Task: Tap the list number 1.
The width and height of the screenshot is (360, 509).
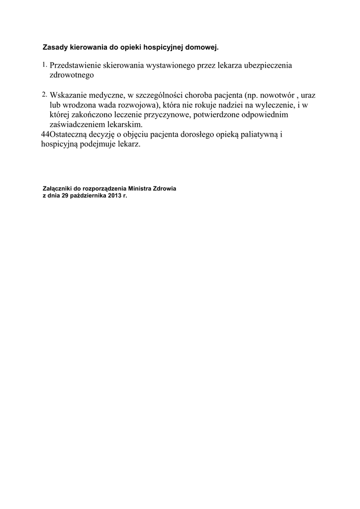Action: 44,65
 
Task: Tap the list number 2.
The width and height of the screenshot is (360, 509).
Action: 44,94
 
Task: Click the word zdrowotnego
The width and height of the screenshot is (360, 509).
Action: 72,76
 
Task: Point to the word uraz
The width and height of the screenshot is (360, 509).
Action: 308,95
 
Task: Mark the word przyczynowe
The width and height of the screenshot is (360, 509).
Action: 163,115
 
